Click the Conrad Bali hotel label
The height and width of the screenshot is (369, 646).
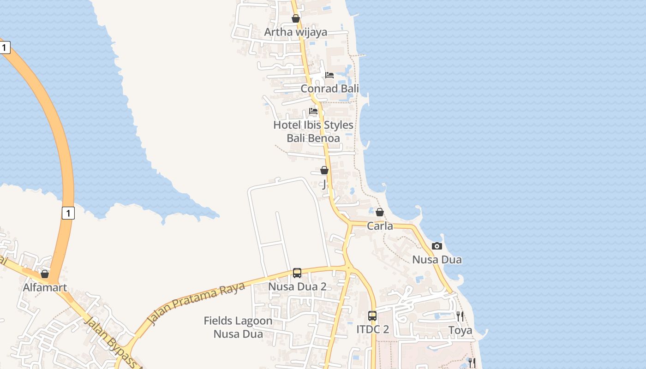coord(329,89)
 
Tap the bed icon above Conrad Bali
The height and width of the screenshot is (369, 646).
coord(329,75)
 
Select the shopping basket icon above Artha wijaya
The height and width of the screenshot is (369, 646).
coord(296,18)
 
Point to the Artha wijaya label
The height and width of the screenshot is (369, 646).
coord(295,32)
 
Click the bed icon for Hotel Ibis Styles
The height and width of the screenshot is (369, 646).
coord(313,111)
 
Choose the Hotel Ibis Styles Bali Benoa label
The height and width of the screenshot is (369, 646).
coord(313,131)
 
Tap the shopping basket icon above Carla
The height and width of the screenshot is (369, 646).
coord(379,212)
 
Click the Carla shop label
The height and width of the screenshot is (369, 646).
coord(380,226)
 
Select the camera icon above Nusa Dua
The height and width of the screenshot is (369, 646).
coord(437,246)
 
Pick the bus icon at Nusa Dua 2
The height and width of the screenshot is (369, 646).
coord(297,273)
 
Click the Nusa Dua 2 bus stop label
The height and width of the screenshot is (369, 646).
coord(297,286)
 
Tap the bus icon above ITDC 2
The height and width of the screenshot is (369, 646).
coord(372,316)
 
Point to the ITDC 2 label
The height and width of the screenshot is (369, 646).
coord(372,330)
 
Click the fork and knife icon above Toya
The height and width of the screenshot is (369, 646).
coord(460,316)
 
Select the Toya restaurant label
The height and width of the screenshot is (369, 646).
coord(461,330)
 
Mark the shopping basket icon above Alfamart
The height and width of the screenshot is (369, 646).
coord(45,274)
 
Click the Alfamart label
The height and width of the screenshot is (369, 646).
coord(45,287)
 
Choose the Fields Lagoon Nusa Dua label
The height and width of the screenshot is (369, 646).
coord(238,327)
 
